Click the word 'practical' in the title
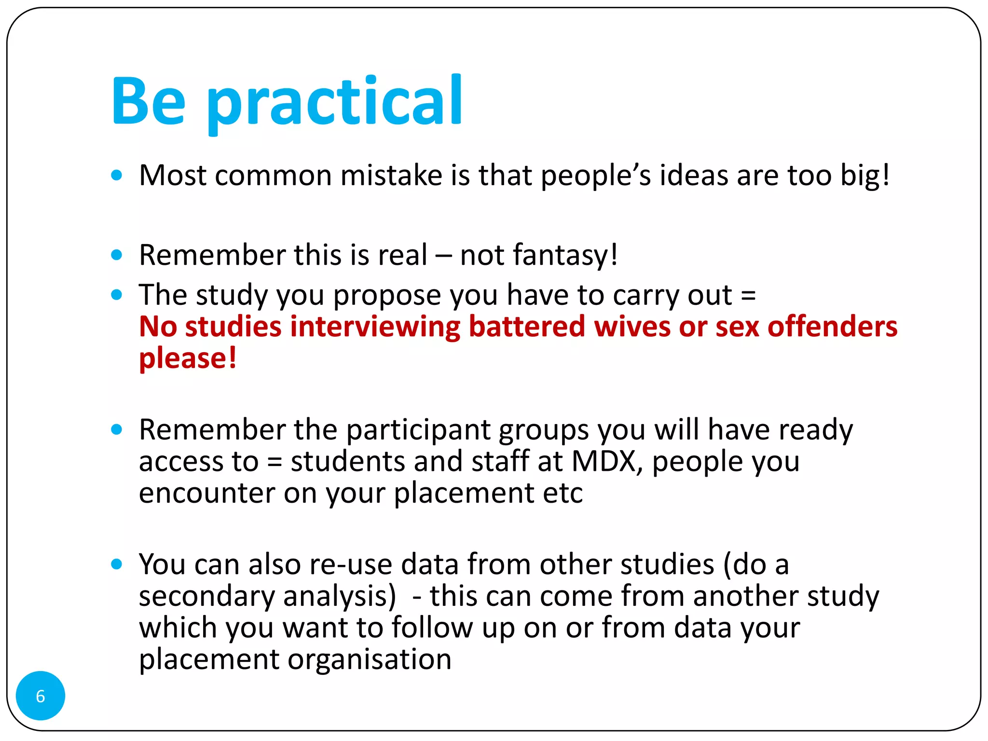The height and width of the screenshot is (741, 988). click(x=335, y=102)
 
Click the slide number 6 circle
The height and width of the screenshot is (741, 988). click(x=41, y=696)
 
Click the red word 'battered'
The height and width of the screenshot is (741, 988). click(x=527, y=327)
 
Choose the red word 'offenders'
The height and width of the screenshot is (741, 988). click(x=832, y=327)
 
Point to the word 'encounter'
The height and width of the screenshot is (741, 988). click(x=206, y=493)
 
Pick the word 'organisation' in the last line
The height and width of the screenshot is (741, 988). click(x=370, y=659)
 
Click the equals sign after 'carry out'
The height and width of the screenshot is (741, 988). click(x=748, y=295)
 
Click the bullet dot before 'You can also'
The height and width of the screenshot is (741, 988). click(x=116, y=564)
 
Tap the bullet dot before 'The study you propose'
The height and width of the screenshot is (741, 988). click(x=116, y=295)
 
